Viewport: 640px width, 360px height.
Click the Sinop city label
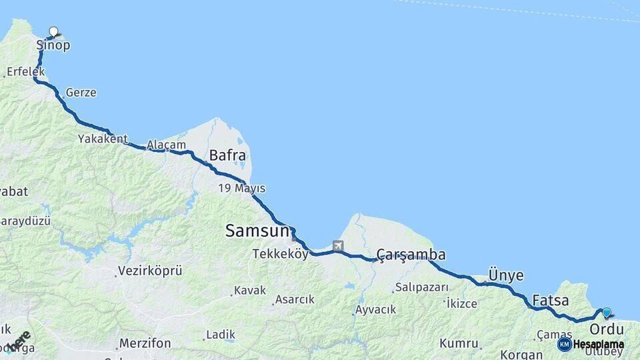coord(53,45)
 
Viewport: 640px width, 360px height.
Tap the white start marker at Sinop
coord(53,31)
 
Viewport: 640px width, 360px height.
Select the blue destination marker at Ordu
coord(606,312)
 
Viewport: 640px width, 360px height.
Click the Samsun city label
coord(257,231)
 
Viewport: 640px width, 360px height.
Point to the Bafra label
coord(227,156)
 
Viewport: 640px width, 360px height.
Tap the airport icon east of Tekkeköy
coord(337,245)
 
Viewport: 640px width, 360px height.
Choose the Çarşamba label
coord(411,255)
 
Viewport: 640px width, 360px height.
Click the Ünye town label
coord(506,275)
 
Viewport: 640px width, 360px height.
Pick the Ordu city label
coord(606,329)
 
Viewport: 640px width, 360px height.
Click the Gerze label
coord(81,93)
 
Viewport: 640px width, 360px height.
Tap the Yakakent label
coord(102,139)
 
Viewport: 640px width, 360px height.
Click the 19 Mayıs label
coord(241,188)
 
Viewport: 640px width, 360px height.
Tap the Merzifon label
coord(145,343)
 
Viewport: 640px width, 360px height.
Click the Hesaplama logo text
coord(598,344)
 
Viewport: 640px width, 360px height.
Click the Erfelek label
coord(25,71)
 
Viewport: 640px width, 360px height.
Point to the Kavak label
coord(250,291)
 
